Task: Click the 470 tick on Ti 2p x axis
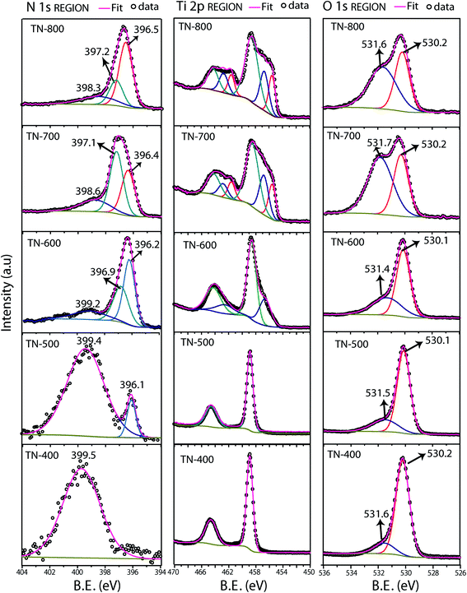click(x=175, y=570)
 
